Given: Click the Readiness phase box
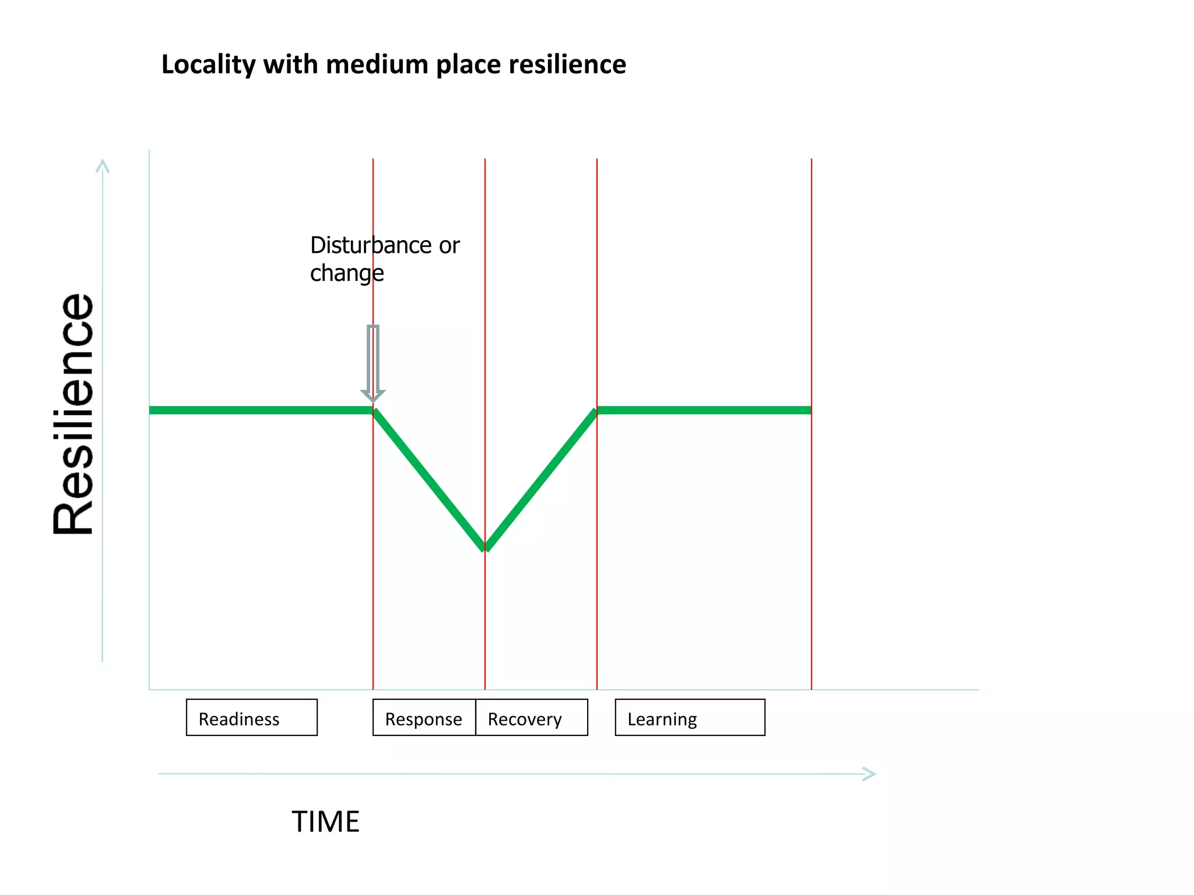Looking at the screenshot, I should (x=251, y=717).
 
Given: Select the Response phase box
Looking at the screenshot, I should (x=424, y=717).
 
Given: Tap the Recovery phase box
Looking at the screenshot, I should (x=531, y=717).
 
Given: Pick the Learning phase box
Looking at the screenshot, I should (x=690, y=717).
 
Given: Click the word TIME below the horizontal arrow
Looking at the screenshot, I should (x=325, y=822).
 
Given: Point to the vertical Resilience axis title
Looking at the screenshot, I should (x=74, y=414).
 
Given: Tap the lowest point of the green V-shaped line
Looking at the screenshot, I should (x=485, y=548).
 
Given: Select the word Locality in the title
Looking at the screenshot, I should (x=208, y=64).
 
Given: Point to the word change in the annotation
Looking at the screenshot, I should (x=346, y=273).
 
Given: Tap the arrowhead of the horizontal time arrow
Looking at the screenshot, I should (x=870, y=774).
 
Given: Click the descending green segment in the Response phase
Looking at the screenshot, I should (x=429, y=478).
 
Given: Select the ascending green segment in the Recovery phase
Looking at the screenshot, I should (x=541, y=478).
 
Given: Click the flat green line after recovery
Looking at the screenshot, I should (x=703, y=410).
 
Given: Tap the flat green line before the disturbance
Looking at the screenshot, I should (x=261, y=410).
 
